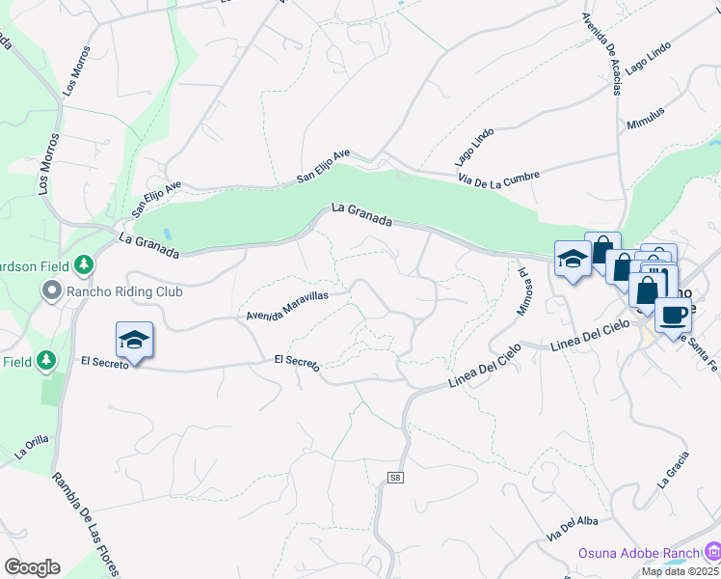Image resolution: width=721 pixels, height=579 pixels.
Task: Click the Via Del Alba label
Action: coord(566,529)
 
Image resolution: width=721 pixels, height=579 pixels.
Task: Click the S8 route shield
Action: coord(395,478)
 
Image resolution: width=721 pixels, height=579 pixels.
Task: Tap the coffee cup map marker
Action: coord(673,314)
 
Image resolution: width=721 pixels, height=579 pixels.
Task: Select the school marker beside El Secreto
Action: coord(134,340)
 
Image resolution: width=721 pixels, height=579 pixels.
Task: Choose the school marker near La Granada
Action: coord(573,259)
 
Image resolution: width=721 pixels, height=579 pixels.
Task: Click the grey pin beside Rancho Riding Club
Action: coord(51,289)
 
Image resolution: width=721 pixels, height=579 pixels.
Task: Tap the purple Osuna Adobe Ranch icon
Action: coord(711,551)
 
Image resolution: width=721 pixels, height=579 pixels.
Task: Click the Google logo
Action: coord(32,567)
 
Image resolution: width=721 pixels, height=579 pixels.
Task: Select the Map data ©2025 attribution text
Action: coord(681,571)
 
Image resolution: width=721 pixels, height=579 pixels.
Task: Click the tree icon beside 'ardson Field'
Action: coord(85,262)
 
